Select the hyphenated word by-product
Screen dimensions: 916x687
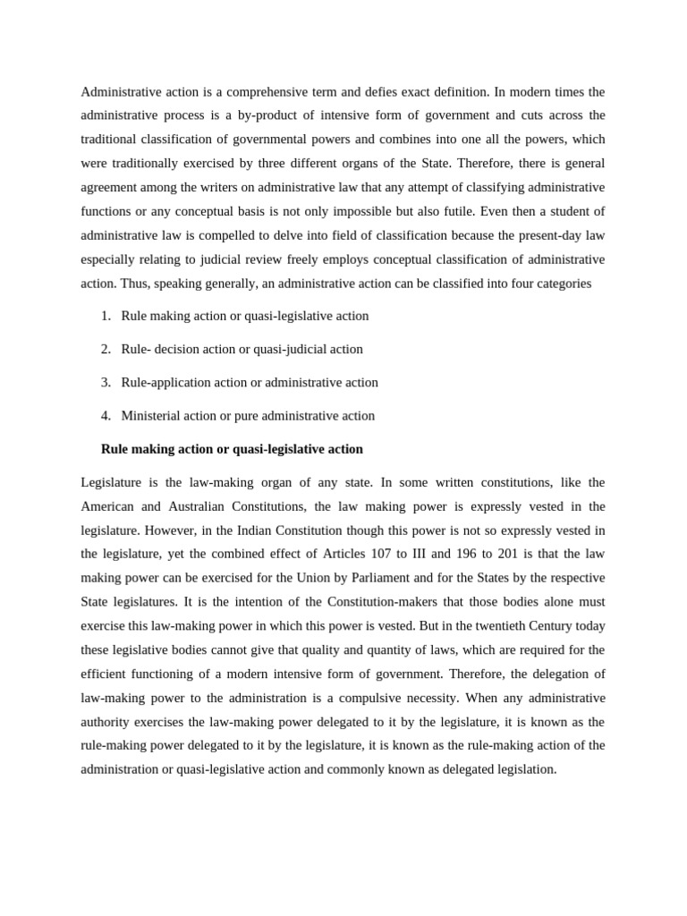(x=320, y=115)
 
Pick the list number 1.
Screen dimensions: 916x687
(x=106, y=316)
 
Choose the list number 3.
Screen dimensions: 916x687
(x=106, y=382)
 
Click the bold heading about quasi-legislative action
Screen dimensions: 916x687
(x=233, y=449)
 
